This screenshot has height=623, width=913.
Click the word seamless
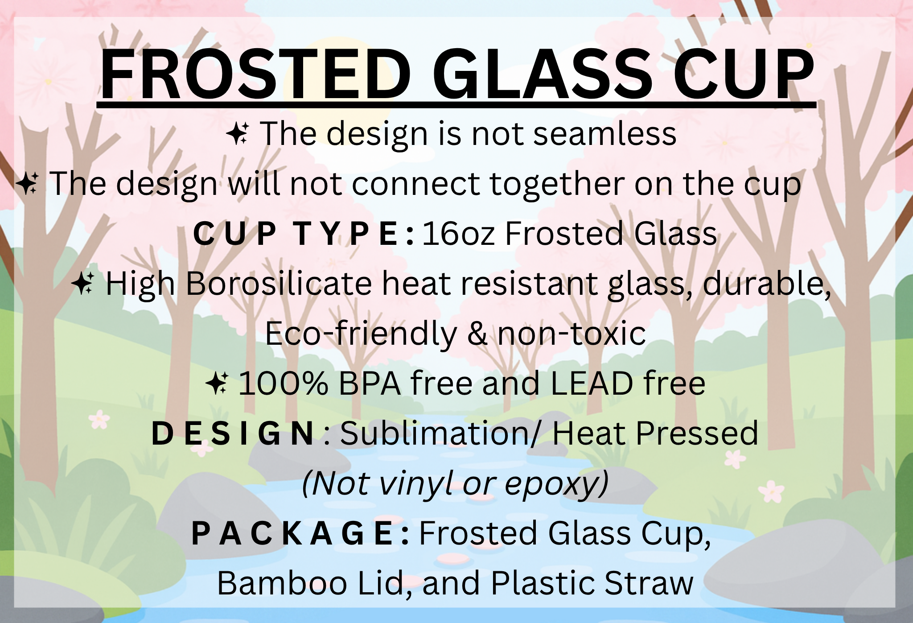coord(605,133)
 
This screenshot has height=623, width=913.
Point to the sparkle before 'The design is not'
coord(238,134)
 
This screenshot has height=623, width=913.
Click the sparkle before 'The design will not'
coord(27,183)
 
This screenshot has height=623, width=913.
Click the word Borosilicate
coord(279,284)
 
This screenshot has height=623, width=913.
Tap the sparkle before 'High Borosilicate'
coord(82,283)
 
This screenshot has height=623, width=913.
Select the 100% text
coord(284,384)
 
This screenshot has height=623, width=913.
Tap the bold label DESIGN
coord(233,434)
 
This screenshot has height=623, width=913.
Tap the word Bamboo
coord(282,583)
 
